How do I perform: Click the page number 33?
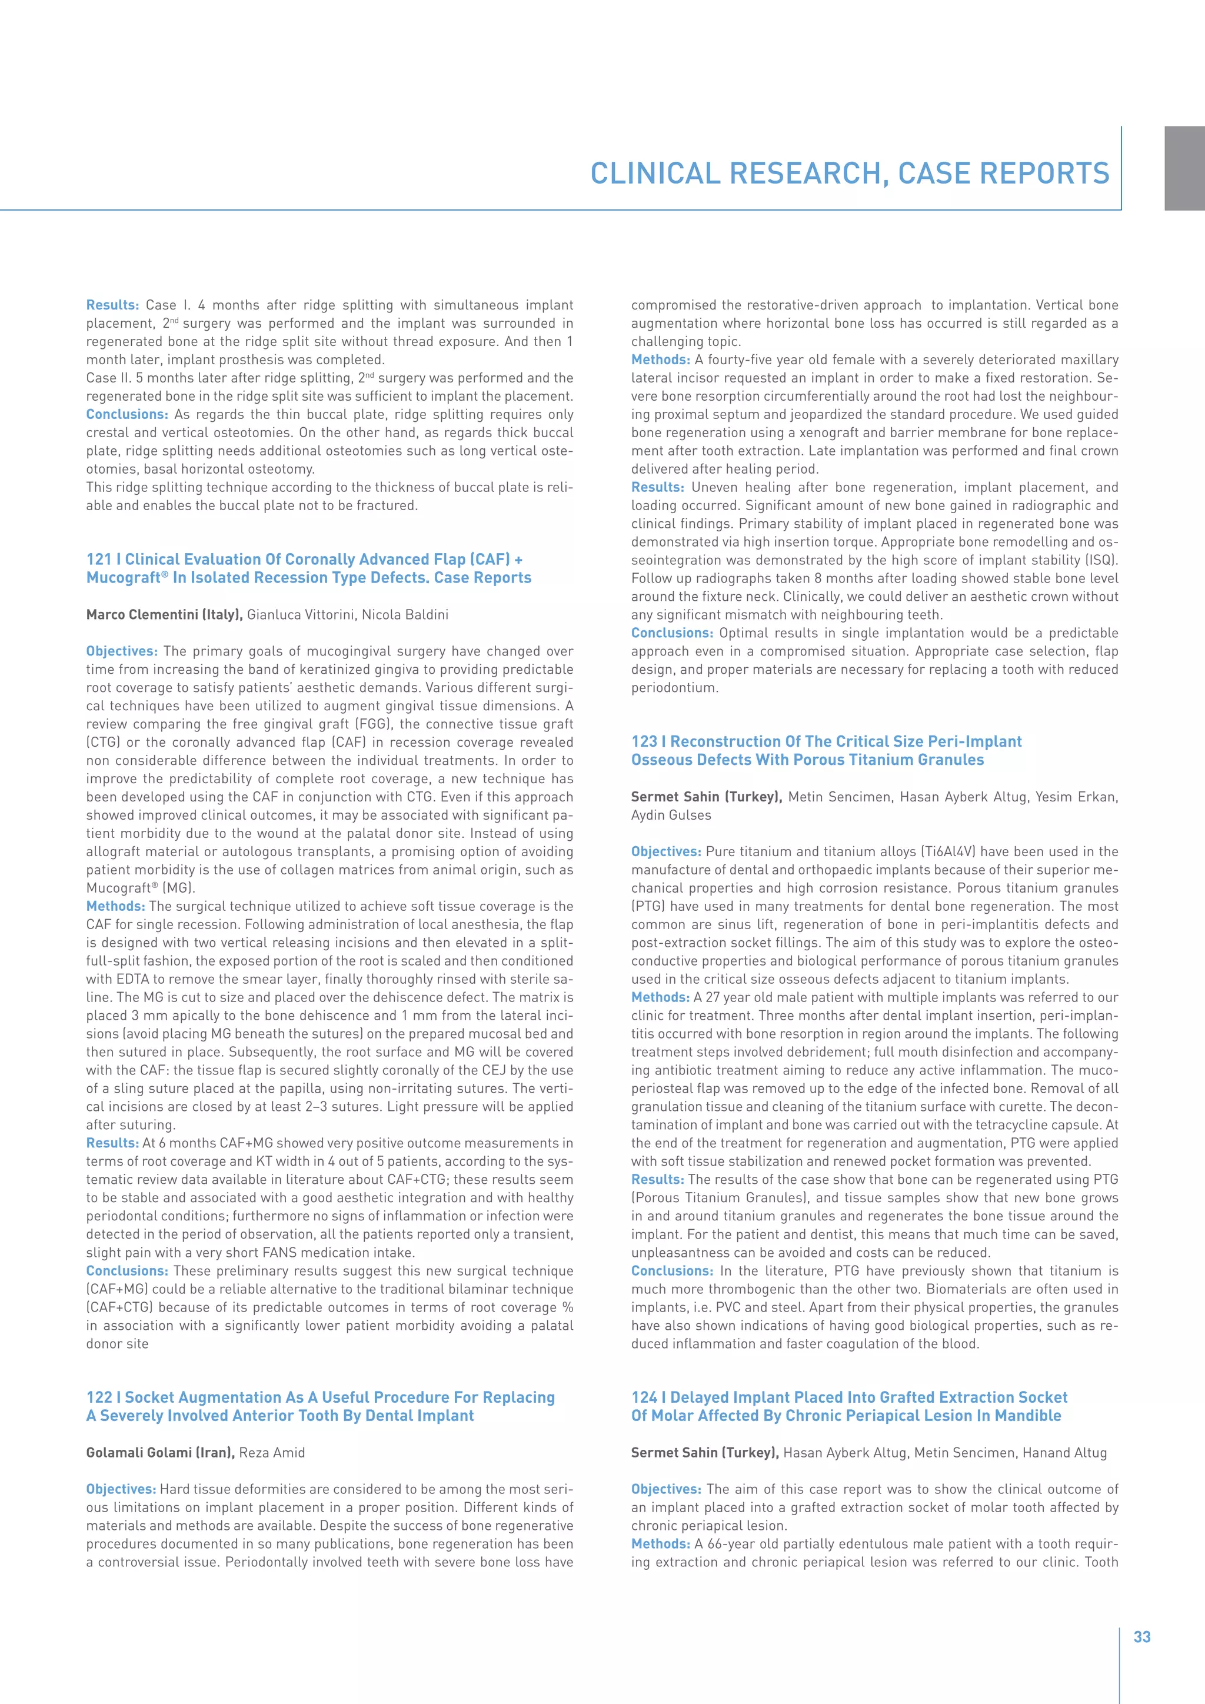click(1142, 1637)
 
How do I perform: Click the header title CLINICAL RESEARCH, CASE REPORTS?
click(850, 174)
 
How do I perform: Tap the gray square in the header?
click(1184, 168)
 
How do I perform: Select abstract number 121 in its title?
click(99, 560)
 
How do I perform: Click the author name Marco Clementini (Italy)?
click(165, 614)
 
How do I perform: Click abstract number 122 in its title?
click(99, 1397)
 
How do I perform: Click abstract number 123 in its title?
click(644, 741)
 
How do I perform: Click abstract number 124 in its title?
click(644, 1397)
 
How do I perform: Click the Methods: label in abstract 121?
click(115, 906)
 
